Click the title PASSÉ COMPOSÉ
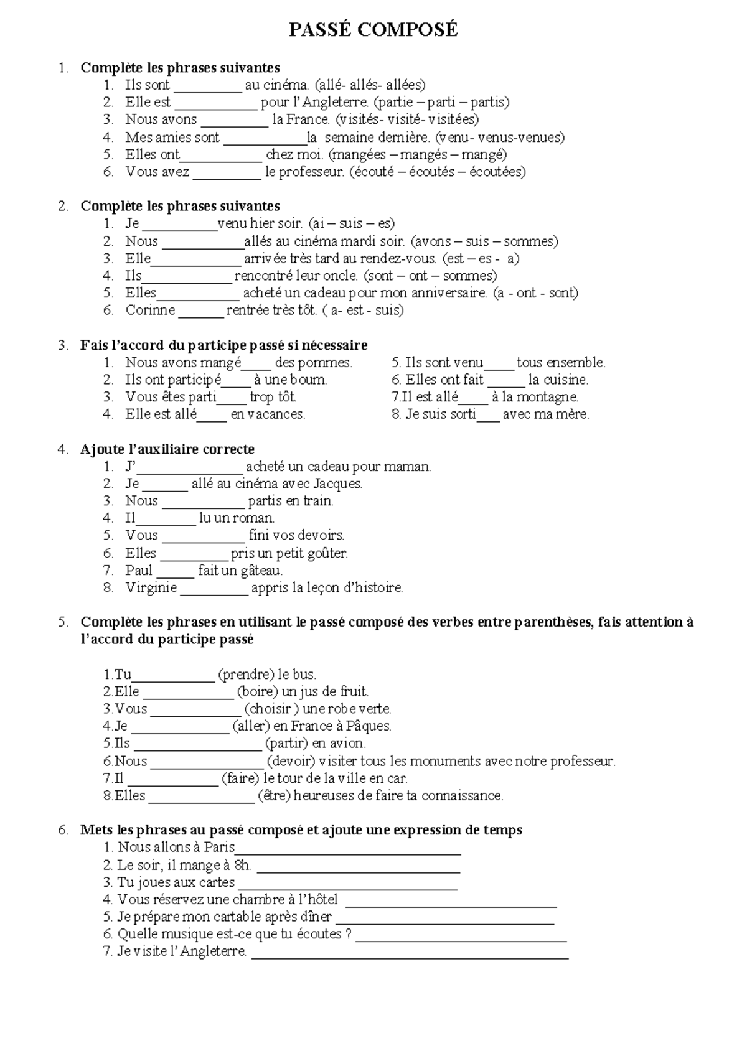[x=373, y=29]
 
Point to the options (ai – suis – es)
[x=351, y=223]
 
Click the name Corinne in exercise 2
[x=150, y=310]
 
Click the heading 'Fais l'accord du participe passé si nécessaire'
[x=223, y=345]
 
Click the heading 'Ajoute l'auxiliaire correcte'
[x=167, y=449]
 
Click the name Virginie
[x=151, y=587]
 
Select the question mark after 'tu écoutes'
[x=347, y=934]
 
